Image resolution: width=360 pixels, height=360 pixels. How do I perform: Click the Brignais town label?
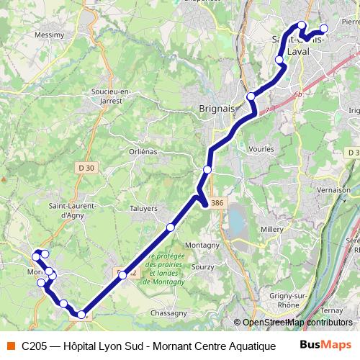click(215, 109)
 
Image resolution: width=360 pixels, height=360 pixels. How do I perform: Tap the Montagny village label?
click(202, 245)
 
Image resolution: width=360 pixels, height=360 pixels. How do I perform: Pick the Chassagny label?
click(169, 313)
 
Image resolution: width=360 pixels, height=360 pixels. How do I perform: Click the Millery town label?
click(272, 228)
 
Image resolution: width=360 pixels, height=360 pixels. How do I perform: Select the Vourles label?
click(261, 148)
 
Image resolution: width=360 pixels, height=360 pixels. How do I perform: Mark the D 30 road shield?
click(86, 168)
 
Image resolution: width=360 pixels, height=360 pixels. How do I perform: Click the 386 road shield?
click(218, 204)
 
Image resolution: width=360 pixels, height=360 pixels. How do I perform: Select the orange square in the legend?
click(9, 346)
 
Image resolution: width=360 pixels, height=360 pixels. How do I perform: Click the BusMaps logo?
click(325, 346)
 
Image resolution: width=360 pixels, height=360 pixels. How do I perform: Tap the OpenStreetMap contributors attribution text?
click(297, 322)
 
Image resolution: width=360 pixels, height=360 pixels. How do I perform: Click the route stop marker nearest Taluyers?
click(171, 228)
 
